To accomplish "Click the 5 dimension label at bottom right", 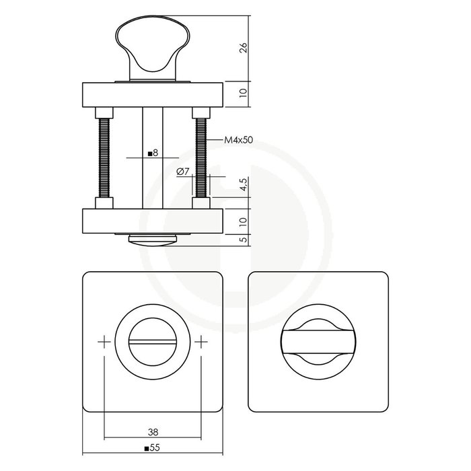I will (244, 239).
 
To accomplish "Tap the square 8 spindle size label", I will (152, 153).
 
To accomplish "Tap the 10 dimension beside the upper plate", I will (244, 93).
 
